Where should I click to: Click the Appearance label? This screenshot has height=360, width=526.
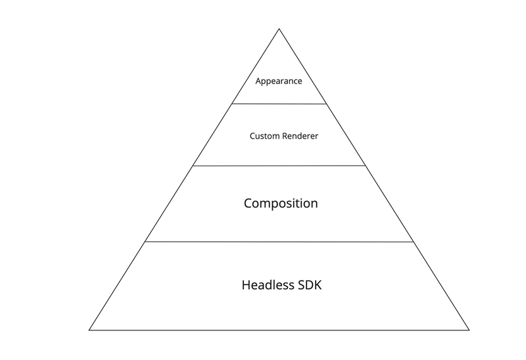click(x=278, y=81)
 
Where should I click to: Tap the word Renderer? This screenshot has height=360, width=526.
click(x=300, y=136)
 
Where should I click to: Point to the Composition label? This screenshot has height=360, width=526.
click(x=281, y=204)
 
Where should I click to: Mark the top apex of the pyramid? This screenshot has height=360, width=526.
click(x=279, y=29)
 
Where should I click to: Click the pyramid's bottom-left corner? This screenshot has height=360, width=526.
click(x=89, y=330)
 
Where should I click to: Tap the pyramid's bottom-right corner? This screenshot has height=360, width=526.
click(x=469, y=330)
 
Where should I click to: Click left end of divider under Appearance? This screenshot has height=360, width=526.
click(x=232, y=104)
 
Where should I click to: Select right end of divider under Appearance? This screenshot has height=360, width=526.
click(x=326, y=104)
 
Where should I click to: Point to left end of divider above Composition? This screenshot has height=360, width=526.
click(x=193, y=166)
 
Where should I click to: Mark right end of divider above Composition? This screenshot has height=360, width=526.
click(x=366, y=166)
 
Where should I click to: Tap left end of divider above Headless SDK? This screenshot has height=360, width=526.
click(x=145, y=241)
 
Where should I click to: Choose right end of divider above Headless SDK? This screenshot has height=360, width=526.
click(x=414, y=242)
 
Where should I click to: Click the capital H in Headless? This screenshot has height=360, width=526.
click(x=246, y=285)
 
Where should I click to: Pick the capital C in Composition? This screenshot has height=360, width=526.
click(x=248, y=203)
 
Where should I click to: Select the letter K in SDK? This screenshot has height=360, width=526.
click(x=318, y=285)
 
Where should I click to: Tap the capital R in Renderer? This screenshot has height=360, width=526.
click(x=285, y=136)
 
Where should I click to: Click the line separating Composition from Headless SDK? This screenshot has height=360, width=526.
click(x=279, y=241)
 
